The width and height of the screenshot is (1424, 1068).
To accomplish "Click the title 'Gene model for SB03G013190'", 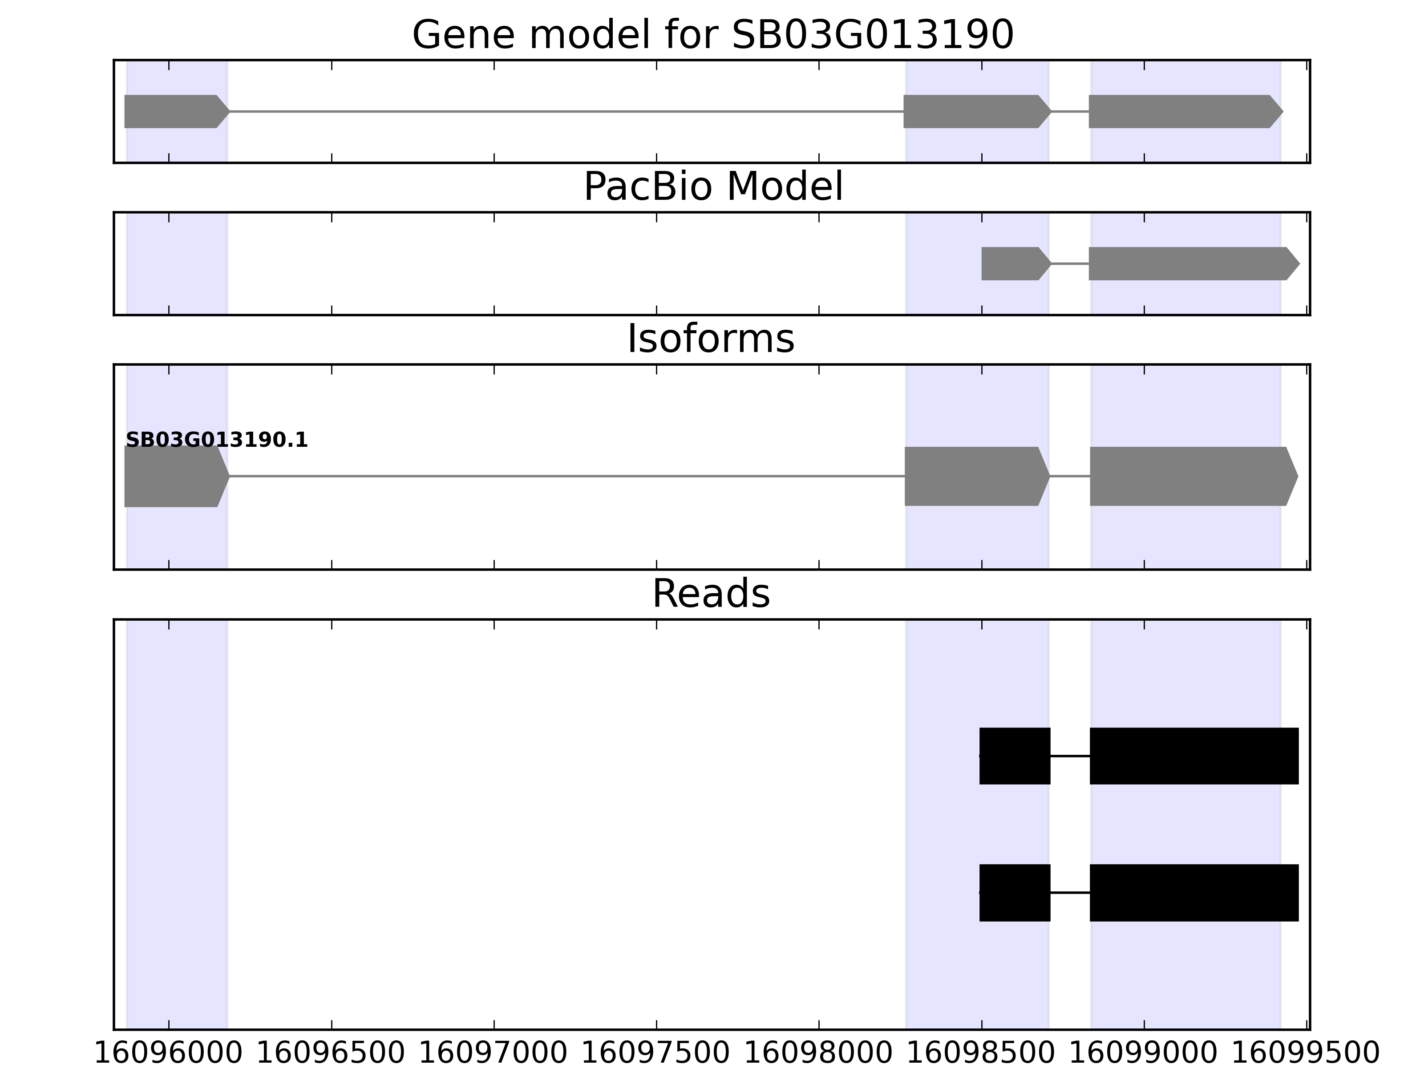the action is point(712,35).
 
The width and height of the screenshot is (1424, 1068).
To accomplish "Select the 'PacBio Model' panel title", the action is point(712,187).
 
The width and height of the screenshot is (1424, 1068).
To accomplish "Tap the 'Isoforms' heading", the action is point(711,339).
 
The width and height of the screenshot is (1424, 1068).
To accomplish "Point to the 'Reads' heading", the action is point(711,594).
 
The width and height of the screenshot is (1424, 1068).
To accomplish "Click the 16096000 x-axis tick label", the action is point(169,1054).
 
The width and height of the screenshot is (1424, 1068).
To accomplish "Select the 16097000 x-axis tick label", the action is point(494,1054).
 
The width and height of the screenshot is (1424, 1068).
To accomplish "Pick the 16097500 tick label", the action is point(656,1054).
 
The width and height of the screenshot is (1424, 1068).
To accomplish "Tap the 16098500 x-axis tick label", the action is point(981,1054).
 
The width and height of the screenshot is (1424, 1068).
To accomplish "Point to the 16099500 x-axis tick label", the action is point(1306,1054).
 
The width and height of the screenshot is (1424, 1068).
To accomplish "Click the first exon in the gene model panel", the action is point(177,111).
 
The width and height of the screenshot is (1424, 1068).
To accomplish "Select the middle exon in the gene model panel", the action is point(977,111).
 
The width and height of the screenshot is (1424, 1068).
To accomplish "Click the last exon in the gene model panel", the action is point(1186,111).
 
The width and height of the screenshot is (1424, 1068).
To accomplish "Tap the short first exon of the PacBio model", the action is point(1016,263).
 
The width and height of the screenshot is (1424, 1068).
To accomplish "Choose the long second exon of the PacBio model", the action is point(1194,263).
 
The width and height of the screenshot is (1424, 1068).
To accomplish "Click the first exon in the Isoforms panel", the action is point(177,477).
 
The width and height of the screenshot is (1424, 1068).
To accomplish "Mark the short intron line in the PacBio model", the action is point(1070,263).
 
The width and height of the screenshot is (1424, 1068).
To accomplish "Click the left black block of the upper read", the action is point(1015,756).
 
